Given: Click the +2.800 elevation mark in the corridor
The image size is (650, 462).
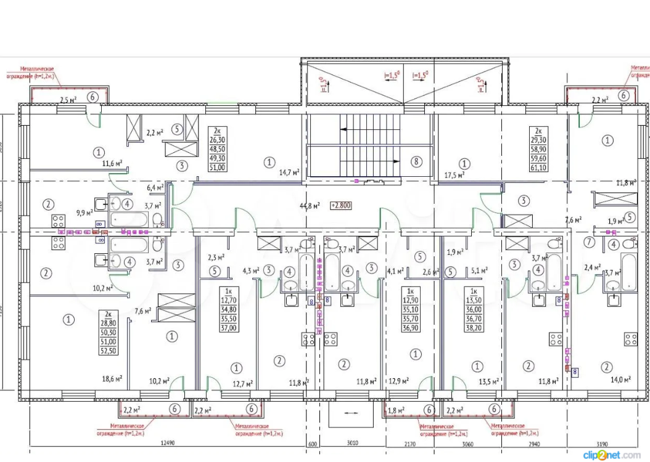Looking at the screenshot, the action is (340, 205).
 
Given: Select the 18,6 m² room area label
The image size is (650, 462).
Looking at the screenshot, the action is (112, 379).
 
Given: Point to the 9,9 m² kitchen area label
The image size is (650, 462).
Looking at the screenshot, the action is (84, 213).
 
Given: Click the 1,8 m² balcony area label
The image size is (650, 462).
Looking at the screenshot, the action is (396, 410).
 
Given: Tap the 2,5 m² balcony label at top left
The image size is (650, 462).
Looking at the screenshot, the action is (68, 99).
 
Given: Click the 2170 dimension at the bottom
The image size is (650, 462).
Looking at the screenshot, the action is (410, 444).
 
